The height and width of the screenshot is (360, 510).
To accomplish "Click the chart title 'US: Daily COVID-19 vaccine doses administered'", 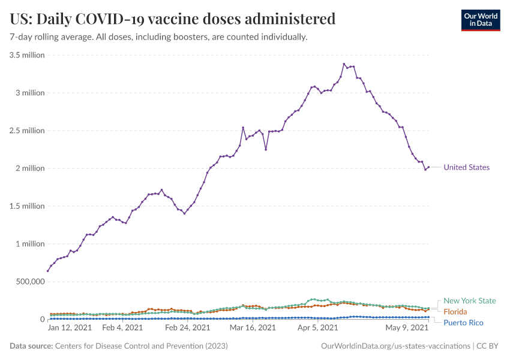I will tap(173, 19).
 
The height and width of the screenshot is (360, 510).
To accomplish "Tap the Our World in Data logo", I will tap(480, 20).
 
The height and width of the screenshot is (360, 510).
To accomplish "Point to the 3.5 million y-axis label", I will tap(28, 55).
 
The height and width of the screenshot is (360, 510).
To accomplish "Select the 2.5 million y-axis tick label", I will tap(28, 131).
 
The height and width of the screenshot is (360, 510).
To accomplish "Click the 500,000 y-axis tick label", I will tap(29, 281).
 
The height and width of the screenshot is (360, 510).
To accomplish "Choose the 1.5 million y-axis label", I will tap(28, 206).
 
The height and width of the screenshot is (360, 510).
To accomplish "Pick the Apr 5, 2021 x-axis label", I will tap(317, 328).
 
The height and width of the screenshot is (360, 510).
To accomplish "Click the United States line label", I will tap(466, 168).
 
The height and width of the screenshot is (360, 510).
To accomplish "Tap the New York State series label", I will tap(470, 301).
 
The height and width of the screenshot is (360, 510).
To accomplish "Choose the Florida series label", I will tap(455, 312).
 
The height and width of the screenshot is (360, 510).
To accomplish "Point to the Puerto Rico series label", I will tap(464, 323).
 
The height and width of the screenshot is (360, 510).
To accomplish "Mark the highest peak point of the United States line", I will tap(344, 64).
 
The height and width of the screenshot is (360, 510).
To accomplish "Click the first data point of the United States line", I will tap(48, 271).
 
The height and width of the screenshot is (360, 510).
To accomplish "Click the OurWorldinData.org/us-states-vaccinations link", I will tap(396, 346).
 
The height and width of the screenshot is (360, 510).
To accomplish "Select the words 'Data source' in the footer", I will tap(31, 346).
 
